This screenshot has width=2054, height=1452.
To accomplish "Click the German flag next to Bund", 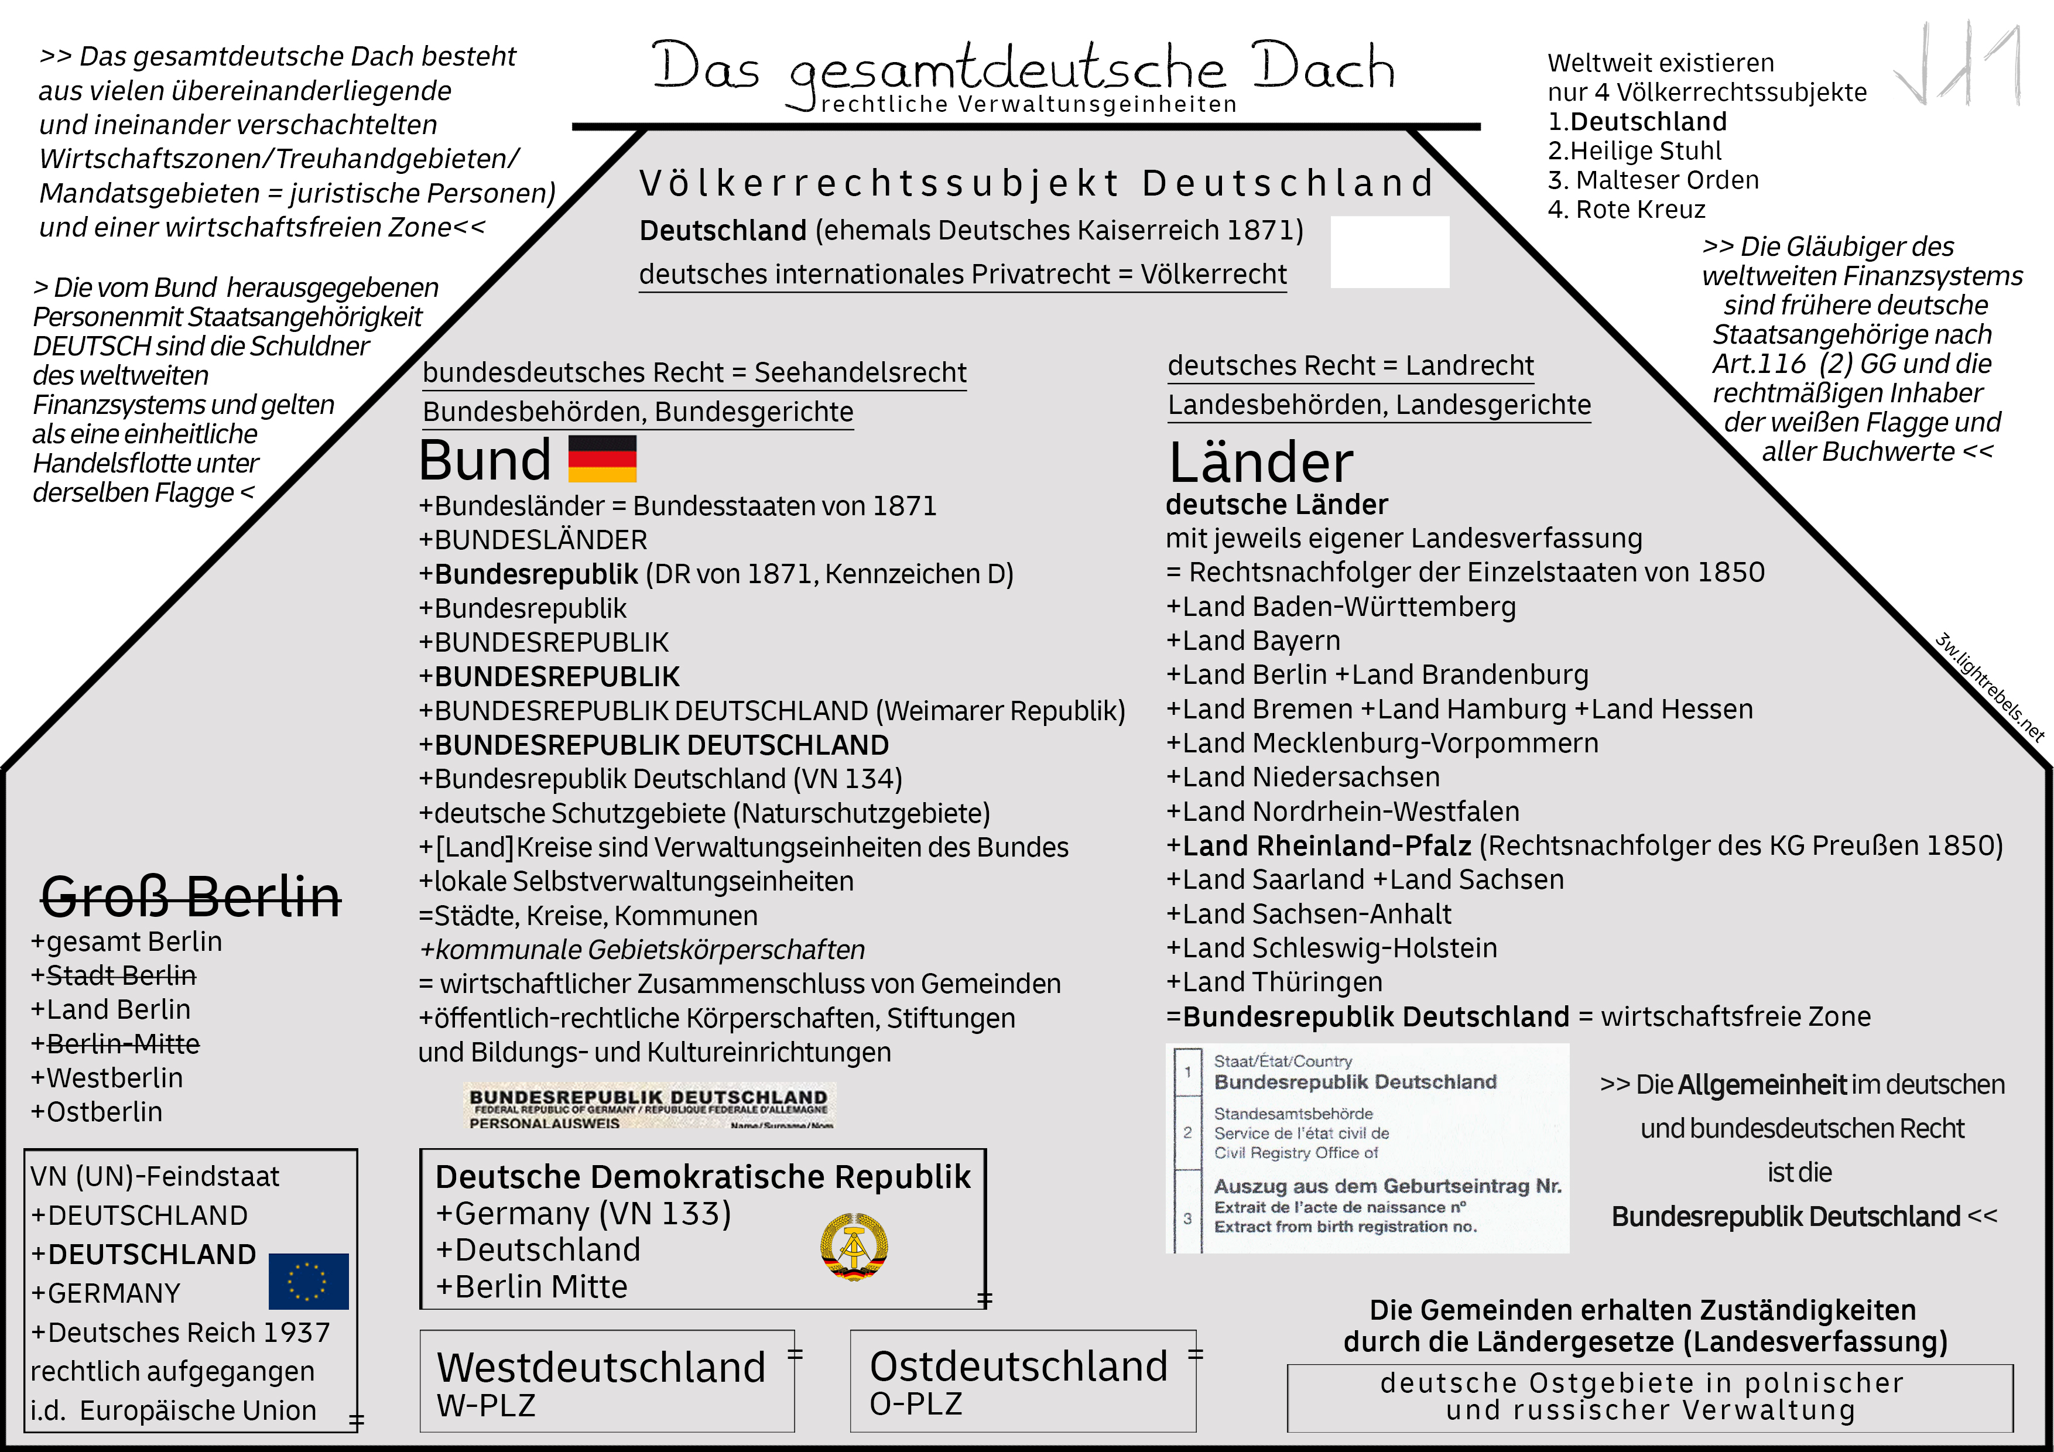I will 602,459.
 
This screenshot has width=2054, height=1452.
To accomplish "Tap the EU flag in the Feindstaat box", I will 308,1281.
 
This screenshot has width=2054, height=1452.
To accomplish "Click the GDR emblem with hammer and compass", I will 854,1246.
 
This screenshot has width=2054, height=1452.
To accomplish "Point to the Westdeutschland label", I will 601,1367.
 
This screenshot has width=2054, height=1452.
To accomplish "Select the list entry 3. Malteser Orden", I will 1654,180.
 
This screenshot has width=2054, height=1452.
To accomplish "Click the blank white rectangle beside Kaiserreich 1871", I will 1389,251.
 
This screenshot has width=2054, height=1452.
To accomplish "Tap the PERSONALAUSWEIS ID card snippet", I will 649,1107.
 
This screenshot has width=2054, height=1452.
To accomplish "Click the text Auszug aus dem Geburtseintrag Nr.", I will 1387,1186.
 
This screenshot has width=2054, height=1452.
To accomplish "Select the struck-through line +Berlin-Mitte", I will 115,1043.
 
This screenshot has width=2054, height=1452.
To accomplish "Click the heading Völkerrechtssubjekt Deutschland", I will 1036,183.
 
